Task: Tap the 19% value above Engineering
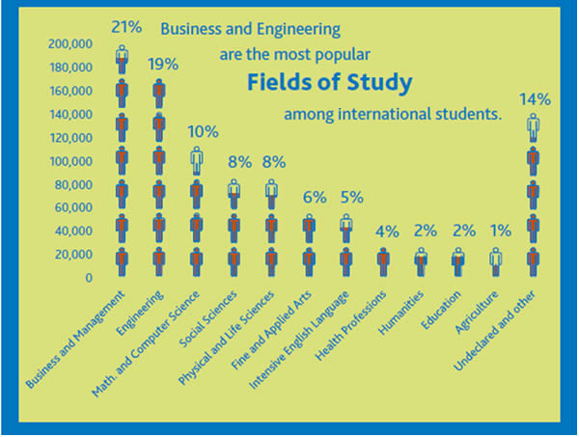(162, 64)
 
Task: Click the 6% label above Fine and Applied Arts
(313, 197)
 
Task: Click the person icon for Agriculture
(496, 260)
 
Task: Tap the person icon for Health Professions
(384, 260)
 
